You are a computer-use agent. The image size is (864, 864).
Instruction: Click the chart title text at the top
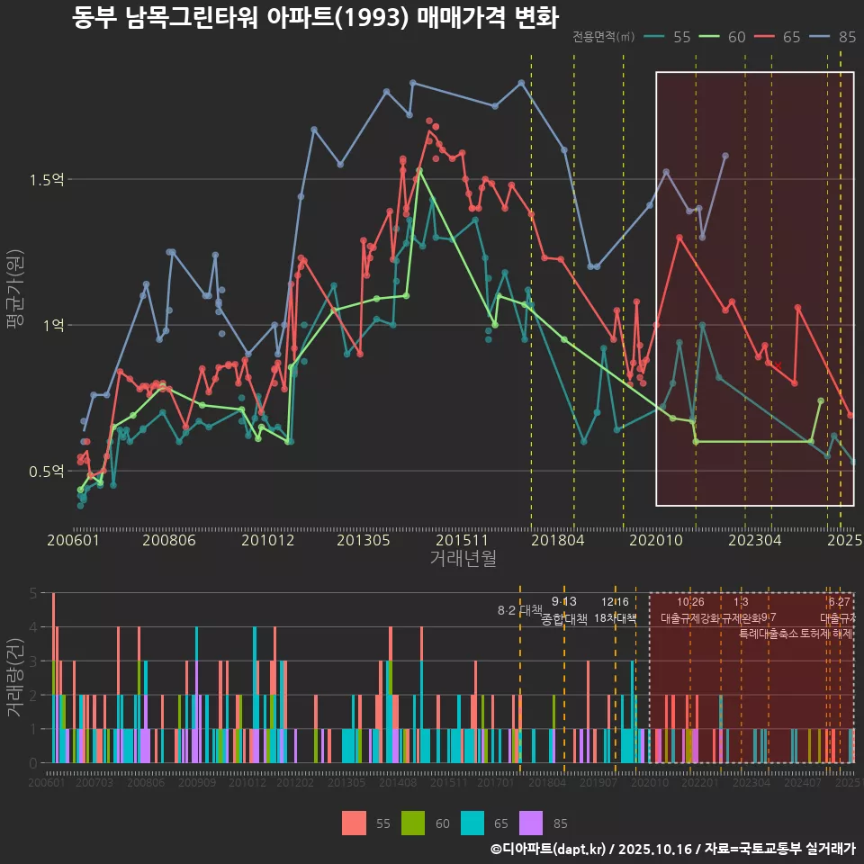[315, 18]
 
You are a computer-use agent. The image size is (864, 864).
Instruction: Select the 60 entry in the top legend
[726, 37]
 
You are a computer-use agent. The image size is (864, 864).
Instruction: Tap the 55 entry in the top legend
[670, 37]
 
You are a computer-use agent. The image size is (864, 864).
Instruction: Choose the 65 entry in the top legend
[781, 37]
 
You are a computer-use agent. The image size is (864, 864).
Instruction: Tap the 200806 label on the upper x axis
[170, 540]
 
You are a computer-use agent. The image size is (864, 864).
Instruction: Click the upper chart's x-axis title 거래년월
[463, 559]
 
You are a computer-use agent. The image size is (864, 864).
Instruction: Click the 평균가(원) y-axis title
[14, 293]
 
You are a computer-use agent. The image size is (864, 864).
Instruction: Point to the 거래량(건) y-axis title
[14, 678]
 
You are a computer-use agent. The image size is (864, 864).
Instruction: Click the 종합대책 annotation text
[564, 619]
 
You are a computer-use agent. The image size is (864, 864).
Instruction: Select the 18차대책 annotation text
[616, 619]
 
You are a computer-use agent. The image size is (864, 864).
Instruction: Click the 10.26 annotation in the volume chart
[690, 602]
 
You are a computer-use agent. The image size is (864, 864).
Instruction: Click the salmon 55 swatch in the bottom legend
[354, 823]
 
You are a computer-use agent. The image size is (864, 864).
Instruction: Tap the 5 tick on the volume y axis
[33, 593]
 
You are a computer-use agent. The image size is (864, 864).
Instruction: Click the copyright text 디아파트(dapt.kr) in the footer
[554, 849]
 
